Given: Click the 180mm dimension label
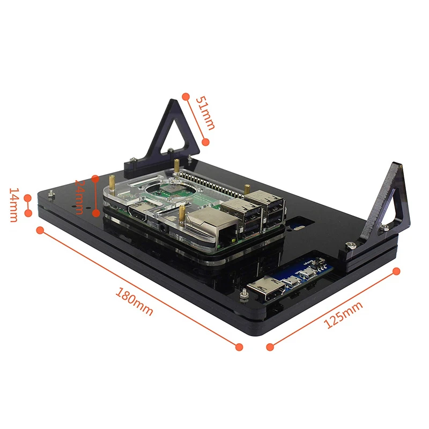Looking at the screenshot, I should (x=135, y=302).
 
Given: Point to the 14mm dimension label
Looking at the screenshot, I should (x=13, y=205).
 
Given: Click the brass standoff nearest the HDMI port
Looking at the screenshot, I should (x=183, y=213).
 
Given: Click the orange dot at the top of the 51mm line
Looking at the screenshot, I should (x=186, y=97).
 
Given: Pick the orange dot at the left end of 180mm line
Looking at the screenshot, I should (x=40, y=230).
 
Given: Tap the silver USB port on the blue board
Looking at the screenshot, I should (x=266, y=287).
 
